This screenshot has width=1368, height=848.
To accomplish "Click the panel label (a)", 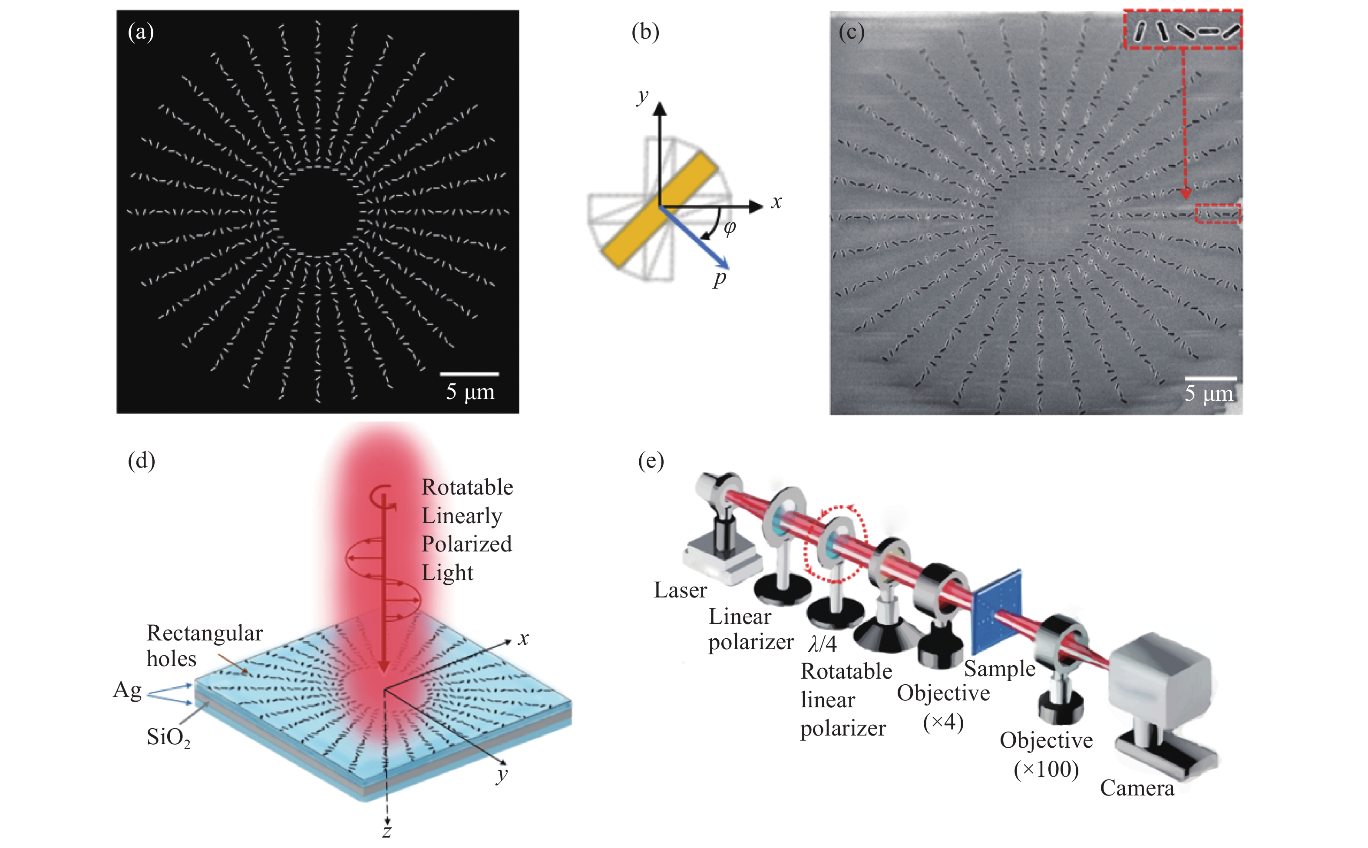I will tap(140, 33).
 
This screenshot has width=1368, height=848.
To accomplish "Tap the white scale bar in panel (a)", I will tap(469, 373).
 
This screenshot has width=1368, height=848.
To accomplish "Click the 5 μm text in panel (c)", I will tap(1208, 394).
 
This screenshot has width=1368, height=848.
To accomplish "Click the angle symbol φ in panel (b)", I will tap(729, 227).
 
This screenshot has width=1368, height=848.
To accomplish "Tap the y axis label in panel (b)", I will tap(643, 97).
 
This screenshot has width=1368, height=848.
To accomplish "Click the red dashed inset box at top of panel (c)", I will tap(1183, 29).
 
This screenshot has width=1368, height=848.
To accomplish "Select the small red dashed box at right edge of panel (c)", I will tap(1217, 214).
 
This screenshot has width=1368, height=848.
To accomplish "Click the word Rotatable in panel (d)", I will tap(467, 487).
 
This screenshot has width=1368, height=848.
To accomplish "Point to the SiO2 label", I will tap(168, 737).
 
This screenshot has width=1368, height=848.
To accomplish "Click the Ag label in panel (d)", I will tap(127, 690).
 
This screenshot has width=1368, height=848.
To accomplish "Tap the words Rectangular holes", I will tap(204, 645).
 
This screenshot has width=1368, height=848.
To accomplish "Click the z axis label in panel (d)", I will tap(387, 831).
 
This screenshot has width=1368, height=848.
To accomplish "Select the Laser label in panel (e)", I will tap(680, 590).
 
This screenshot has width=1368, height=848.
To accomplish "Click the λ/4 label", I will tap(822, 644).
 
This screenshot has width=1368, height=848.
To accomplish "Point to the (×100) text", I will tap(1046, 769).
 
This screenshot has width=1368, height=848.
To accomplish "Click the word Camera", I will tap(1137, 788).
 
